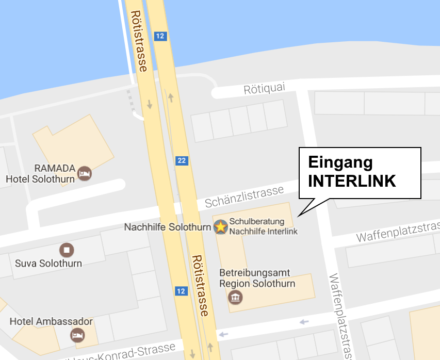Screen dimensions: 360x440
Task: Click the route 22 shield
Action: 181,160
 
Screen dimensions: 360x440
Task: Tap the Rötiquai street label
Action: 264,89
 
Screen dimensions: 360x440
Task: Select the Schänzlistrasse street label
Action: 244,197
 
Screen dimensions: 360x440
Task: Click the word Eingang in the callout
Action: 340,162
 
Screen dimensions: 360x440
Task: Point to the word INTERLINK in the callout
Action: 352,181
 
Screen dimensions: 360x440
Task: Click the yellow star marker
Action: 221,226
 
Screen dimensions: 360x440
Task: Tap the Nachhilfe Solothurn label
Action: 167,227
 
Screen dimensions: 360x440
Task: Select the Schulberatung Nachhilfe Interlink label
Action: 264,226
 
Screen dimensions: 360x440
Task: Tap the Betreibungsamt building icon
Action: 235,297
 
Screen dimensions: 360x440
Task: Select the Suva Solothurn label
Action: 48,264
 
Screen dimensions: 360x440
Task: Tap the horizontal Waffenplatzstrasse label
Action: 397,233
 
